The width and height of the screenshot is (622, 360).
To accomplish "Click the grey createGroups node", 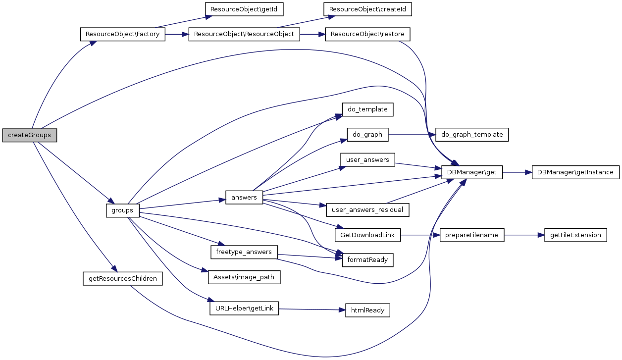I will coord(30,135).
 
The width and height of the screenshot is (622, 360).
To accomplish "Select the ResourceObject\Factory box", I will coord(122,35).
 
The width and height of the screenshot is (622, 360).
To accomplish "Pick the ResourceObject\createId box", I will coord(367,9).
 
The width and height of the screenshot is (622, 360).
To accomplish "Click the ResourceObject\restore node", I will coord(367,35).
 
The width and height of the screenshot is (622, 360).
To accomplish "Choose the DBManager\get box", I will coord(472,172).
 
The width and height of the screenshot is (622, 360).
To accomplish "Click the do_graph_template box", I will coord(472,134).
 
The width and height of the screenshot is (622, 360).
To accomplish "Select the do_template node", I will coord(367,109).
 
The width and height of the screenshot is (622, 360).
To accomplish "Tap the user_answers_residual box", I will coord(367,210).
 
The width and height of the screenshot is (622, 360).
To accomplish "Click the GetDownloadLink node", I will coord(367,235).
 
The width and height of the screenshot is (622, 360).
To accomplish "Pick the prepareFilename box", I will coord(472,235).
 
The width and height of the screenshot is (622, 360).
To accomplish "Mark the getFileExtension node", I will coord(575,235).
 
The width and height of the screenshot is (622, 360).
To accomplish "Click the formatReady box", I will coord(367,259).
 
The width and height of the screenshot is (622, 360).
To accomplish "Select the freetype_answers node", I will coord(244,252).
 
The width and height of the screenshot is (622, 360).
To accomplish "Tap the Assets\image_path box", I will coord(244,277).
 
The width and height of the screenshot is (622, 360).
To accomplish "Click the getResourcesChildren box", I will coord(122,278).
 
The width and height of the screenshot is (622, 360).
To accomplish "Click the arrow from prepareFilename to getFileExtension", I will coord(524,235).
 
